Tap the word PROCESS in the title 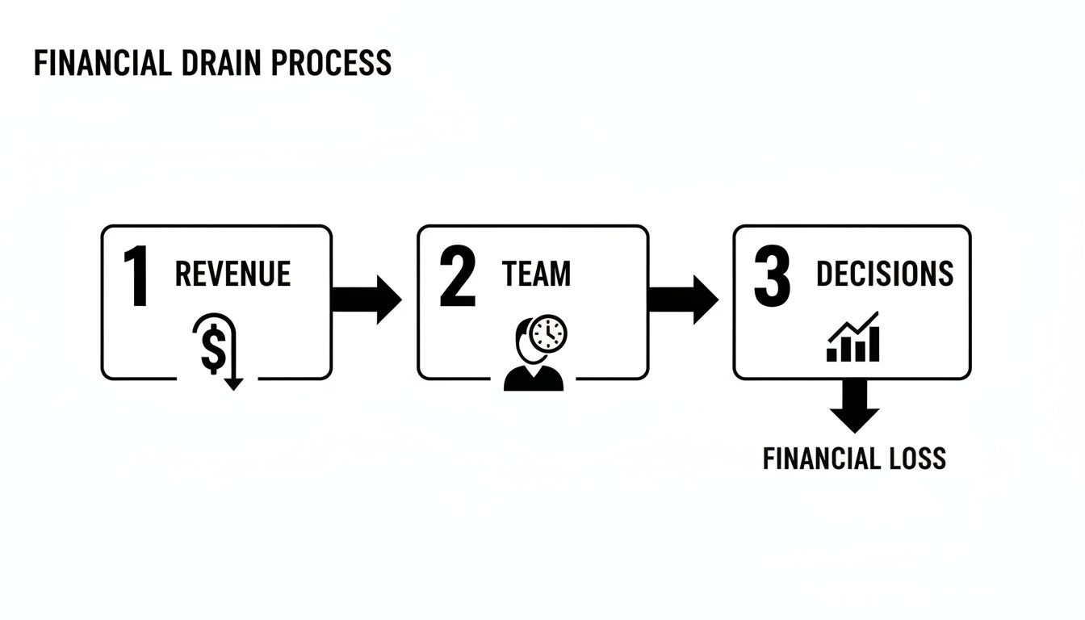pos(331,63)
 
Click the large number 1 pos(136,279)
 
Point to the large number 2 pos(457,279)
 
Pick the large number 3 pos(772,279)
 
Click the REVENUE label pos(232,274)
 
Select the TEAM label pos(536,274)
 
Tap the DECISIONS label pos(885,274)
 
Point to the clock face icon pos(549,333)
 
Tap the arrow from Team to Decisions pos(683,300)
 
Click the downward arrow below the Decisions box pos(854,406)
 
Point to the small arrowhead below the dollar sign pos(233,384)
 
